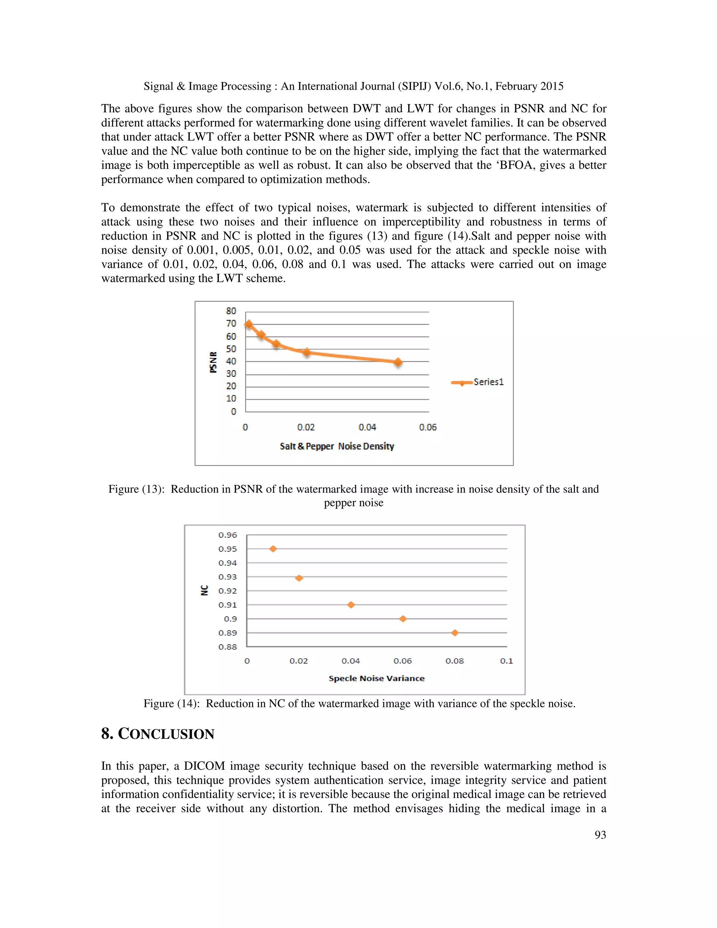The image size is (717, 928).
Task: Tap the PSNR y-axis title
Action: [x=213, y=362]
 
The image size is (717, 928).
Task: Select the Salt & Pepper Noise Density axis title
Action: [x=337, y=446]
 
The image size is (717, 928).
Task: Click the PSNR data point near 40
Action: [x=398, y=362]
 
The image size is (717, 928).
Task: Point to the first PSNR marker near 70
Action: [x=249, y=325]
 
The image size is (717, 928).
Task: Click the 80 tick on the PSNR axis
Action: [x=231, y=311]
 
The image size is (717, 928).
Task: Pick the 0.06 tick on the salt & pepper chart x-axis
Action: [x=427, y=427]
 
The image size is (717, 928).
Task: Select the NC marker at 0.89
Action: [x=455, y=633]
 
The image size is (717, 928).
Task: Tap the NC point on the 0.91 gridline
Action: [x=351, y=605]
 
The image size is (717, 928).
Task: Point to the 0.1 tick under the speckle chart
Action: [x=506, y=661]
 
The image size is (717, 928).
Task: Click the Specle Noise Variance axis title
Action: [x=376, y=678]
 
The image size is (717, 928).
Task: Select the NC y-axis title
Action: [x=204, y=591]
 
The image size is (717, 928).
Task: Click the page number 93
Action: [x=600, y=835]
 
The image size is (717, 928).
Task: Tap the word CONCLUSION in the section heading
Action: [x=166, y=734]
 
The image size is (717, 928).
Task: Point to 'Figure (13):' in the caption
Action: [x=136, y=489]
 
